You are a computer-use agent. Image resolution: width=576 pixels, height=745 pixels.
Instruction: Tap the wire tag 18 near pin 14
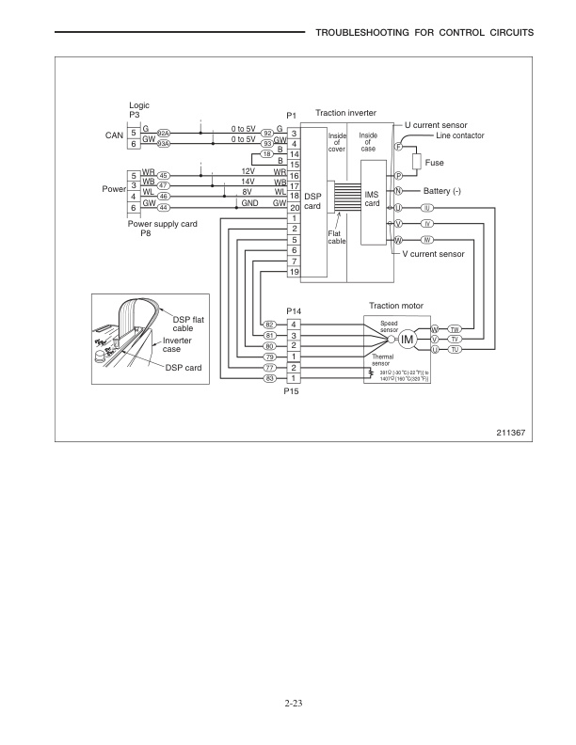266,152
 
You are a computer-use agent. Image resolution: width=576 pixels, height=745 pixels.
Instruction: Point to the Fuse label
434,163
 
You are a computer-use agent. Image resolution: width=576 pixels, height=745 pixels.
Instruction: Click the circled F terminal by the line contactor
398,147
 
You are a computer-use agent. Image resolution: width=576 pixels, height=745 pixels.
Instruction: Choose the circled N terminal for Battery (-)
398,191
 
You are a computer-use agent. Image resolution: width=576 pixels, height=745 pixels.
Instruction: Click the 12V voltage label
248,171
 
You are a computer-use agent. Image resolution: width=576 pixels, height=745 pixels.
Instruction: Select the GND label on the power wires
250,203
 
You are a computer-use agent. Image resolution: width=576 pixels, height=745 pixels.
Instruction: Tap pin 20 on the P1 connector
294,207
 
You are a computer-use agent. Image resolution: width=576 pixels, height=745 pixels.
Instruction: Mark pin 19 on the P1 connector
294,272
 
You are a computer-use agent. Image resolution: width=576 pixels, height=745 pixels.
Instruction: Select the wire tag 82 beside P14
269,325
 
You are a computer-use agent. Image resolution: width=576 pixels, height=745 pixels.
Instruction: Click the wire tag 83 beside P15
269,378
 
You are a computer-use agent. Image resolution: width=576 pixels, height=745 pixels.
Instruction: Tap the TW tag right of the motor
454,329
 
